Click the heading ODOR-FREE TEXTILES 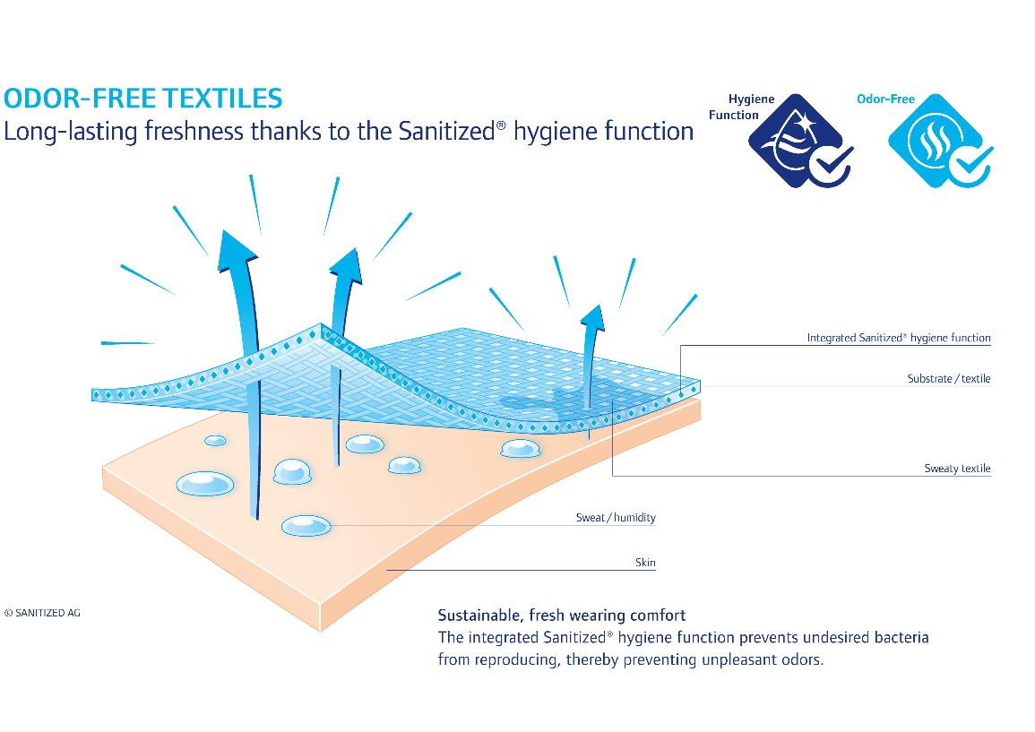pyautogui.click(x=143, y=99)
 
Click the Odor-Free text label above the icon pyautogui.click(x=885, y=99)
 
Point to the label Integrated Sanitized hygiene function pyautogui.click(x=899, y=338)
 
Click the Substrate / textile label pyautogui.click(x=949, y=379)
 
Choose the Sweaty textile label pyautogui.click(x=957, y=469)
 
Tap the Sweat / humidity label pyautogui.click(x=616, y=518)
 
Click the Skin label pyautogui.click(x=645, y=563)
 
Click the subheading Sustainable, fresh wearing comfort pyautogui.click(x=562, y=616)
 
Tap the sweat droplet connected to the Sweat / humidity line pyautogui.click(x=306, y=525)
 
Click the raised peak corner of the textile pyautogui.click(x=321, y=324)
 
